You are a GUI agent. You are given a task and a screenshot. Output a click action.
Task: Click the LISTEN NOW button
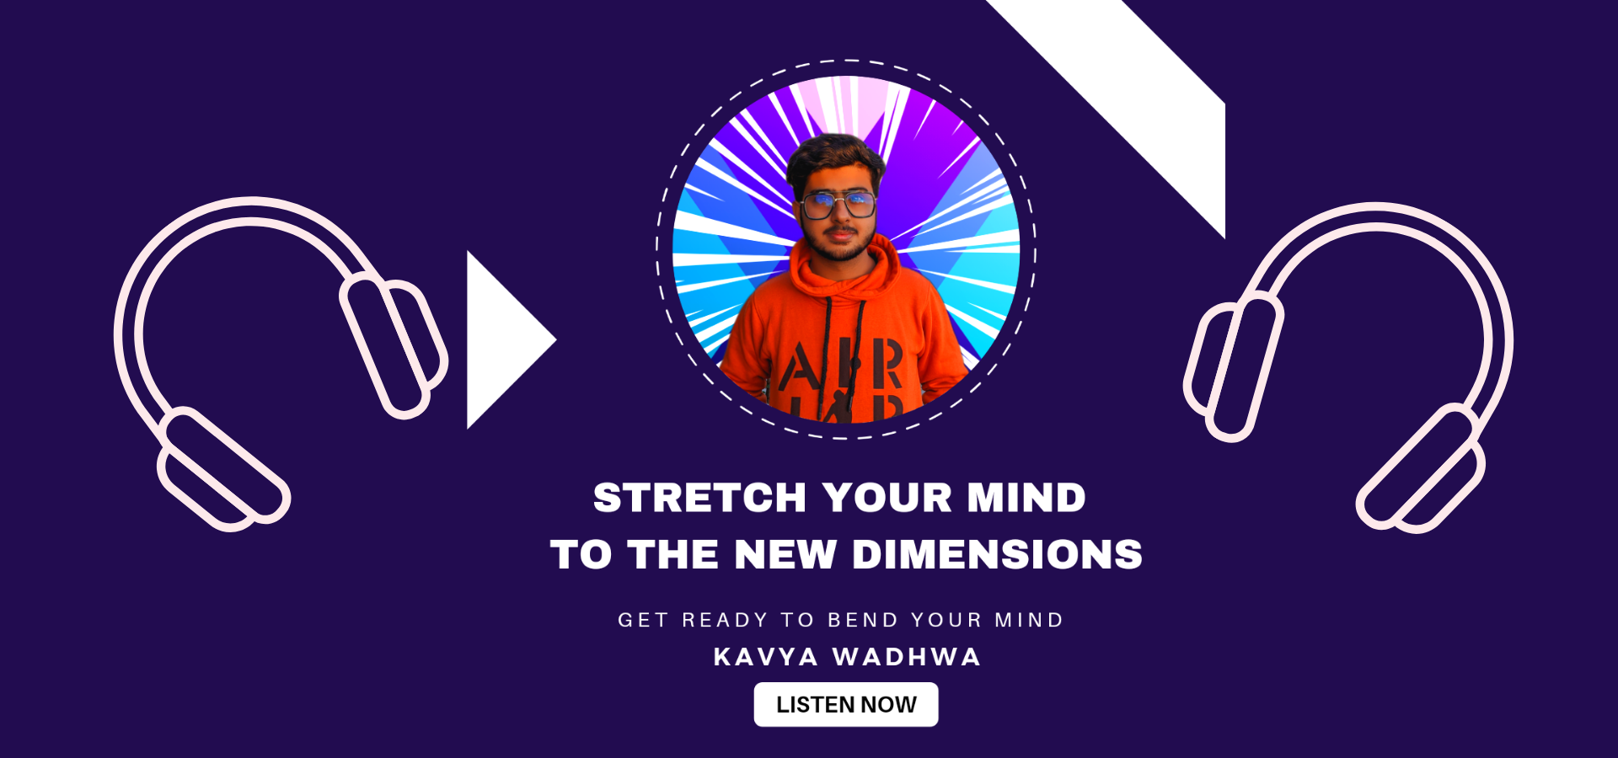(x=846, y=704)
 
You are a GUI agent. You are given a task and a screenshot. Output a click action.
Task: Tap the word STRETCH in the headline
(x=700, y=498)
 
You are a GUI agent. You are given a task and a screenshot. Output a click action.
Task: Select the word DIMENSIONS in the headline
(x=997, y=555)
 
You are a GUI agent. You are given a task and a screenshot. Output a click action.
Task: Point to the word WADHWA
(x=908, y=657)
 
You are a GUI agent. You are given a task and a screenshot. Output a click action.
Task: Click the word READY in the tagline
(x=725, y=620)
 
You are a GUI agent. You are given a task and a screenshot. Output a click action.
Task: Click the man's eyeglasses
(x=838, y=205)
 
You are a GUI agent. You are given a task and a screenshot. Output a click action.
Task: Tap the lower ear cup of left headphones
(x=223, y=468)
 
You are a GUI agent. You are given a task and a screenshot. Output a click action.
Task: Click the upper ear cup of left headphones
(x=393, y=346)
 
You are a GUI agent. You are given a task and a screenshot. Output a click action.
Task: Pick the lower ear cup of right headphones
(x=1421, y=468)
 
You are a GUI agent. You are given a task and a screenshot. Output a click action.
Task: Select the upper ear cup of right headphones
(x=1234, y=367)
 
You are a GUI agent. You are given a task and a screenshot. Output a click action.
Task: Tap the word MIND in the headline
(x=1026, y=498)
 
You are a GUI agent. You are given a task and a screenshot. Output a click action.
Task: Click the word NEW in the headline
(x=785, y=555)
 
